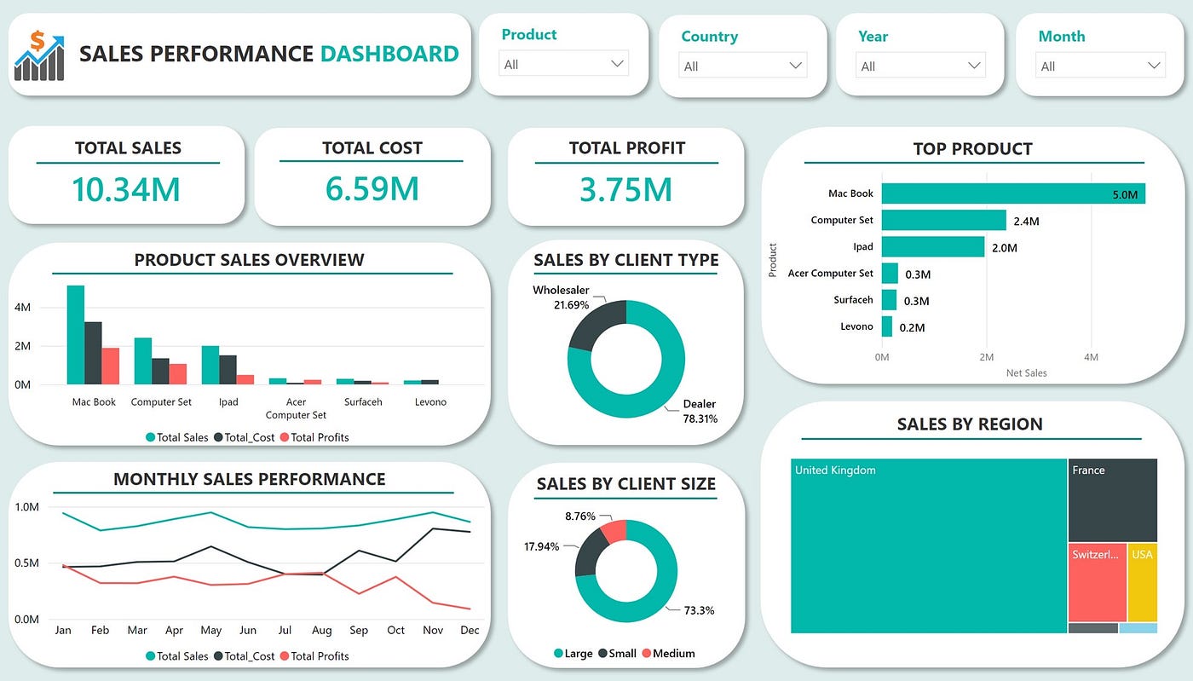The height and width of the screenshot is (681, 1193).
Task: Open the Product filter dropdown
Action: (x=563, y=64)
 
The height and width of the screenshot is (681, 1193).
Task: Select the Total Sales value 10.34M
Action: (x=126, y=189)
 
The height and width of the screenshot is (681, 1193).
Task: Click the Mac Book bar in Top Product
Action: (x=1012, y=193)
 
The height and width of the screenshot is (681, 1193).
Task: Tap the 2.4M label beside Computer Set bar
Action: (x=1026, y=221)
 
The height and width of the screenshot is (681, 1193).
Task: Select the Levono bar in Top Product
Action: (x=887, y=326)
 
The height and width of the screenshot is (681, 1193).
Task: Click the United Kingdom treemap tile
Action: (x=928, y=545)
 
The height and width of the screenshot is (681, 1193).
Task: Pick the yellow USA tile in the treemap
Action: (x=1142, y=582)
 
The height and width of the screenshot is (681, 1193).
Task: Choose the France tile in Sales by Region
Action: (x=1112, y=499)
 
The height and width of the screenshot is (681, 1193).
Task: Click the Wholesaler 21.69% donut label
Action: (x=561, y=297)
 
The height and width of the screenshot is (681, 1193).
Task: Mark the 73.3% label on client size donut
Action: (x=699, y=610)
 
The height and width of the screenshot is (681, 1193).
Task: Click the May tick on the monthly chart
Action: (x=210, y=630)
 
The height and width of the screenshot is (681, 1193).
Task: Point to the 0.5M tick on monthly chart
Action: (x=26, y=563)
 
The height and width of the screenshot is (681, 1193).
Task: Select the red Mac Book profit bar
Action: (x=110, y=366)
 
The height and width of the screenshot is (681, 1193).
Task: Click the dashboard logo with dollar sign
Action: (x=39, y=55)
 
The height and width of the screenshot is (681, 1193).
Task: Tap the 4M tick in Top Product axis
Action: (x=1090, y=357)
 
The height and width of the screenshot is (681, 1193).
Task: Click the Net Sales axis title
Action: (x=1026, y=372)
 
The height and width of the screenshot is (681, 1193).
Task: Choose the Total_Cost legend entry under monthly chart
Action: (x=248, y=655)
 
